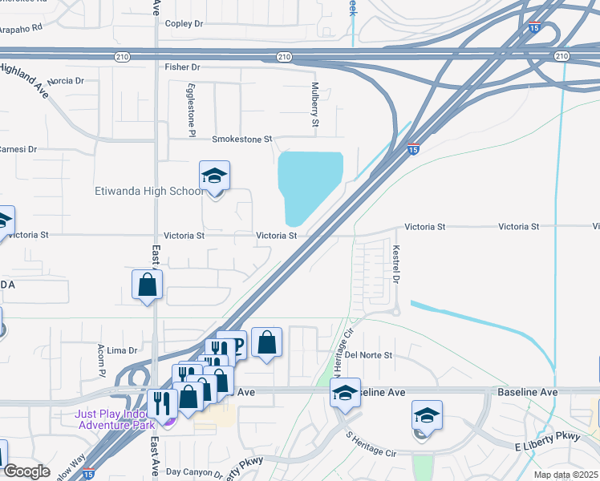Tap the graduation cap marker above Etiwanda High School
tap(214, 176)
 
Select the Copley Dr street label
tap(185, 24)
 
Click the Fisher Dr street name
tap(182, 67)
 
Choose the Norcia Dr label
tap(66, 81)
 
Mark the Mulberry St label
tap(315, 103)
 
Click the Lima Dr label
tap(123, 350)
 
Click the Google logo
tap(26, 471)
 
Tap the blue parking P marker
tap(238, 345)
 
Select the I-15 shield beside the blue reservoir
tap(412, 149)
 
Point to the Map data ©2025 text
tap(566, 475)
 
